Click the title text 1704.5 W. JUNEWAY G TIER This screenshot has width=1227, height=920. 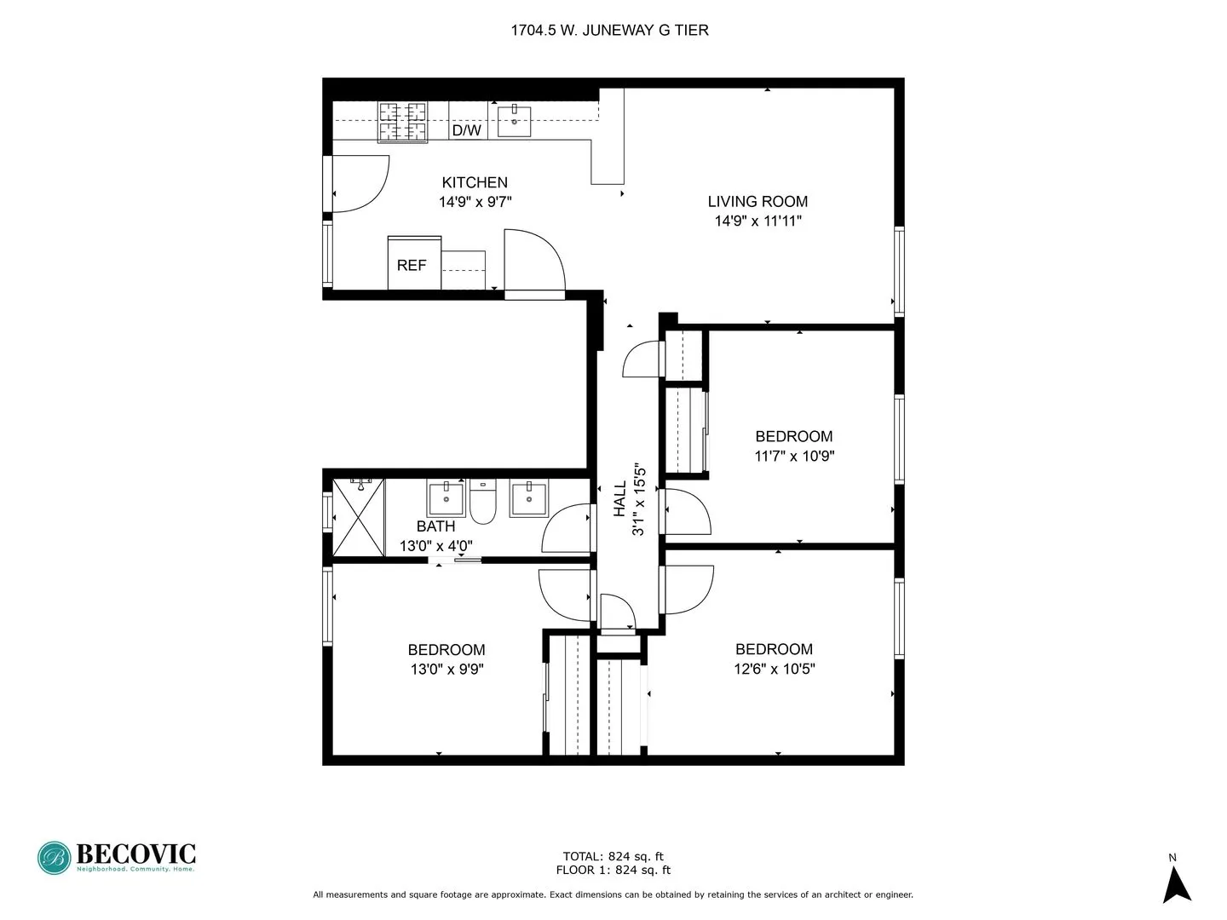coord(609,30)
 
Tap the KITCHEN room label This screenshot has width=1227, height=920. coord(475,182)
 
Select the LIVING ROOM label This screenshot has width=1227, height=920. coord(758,201)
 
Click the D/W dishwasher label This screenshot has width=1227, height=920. coord(466,130)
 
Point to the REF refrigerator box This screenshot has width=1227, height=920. coord(413,264)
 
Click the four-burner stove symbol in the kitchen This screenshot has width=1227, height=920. coord(402,122)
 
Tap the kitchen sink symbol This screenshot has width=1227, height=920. coord(514,121)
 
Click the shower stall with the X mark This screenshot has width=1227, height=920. coord(359,517)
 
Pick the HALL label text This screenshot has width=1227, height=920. coord(620,498)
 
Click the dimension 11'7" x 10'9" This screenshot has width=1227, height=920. coord(794,456)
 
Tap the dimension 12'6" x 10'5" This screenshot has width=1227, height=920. coord(774,669)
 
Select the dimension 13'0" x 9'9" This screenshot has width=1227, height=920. coord(446,669)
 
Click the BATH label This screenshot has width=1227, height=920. coord(435,526)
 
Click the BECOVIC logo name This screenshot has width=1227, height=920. coord(135,854)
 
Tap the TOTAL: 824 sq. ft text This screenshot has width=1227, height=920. coord(613,856)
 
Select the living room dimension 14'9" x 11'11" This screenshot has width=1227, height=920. coord(758,221)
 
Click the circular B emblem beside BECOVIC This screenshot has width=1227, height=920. coord(55,858)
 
